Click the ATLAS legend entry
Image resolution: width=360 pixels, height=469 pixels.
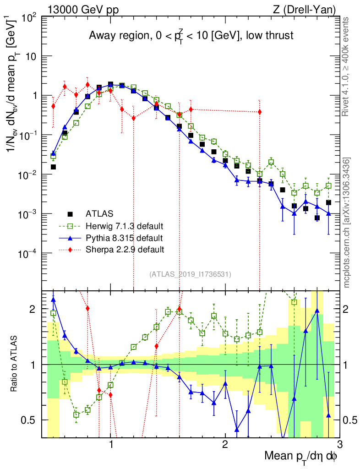click(x=99, y=213)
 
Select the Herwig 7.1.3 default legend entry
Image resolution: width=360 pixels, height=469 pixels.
click(x=124, y=226)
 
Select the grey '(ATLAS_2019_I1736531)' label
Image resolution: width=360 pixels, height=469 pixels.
click(x=190, y=274)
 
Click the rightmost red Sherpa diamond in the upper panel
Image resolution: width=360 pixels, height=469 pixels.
click(x=260, y=112)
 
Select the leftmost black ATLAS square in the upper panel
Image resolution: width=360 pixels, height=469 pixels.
click(x=53, y=167)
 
